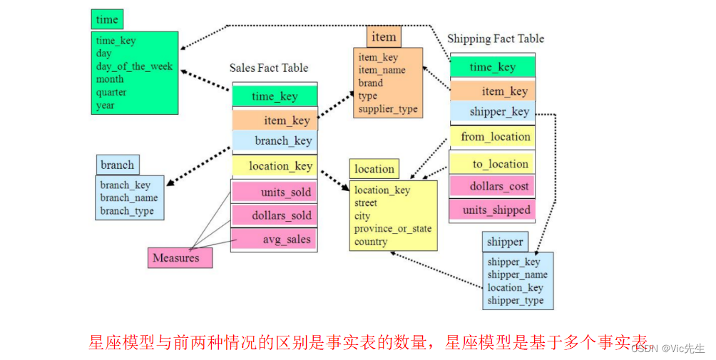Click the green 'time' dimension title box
click(107, 20)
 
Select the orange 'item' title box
click(382, 37)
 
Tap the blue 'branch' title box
click(118, 165)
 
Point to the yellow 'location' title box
click(374, 169)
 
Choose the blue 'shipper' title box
click(505, 242)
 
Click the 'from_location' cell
click(493, 137)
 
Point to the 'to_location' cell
click(493, 164)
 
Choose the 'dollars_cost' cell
click(493, 186)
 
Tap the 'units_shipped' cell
click(493, 210)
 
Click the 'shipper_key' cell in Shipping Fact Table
click(493, 111)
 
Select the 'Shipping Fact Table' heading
click(496, 38)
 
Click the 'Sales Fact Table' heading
click(269, 68)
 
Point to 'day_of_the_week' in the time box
click(134, 66)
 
